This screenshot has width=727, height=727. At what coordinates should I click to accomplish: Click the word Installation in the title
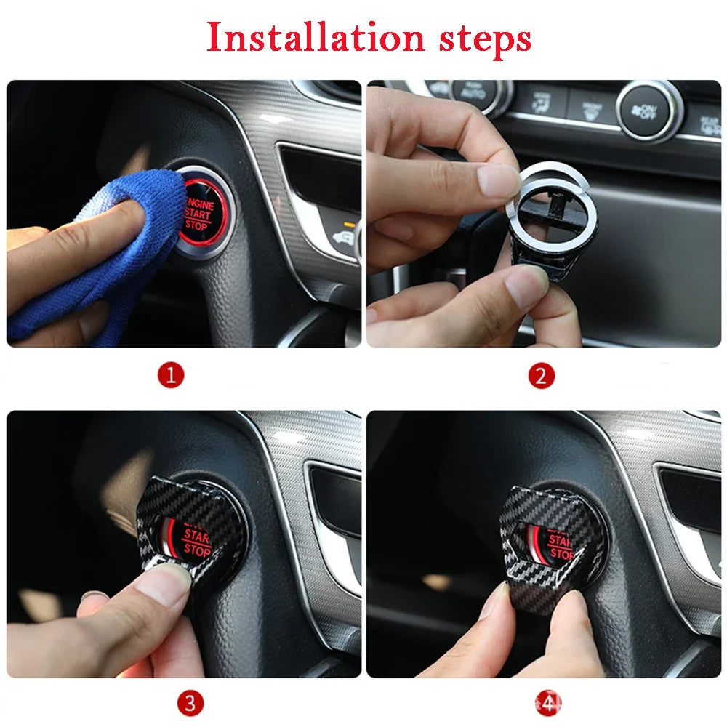315,37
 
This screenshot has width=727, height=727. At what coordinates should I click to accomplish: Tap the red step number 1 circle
172,376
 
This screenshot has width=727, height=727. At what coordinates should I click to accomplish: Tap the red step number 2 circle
542,376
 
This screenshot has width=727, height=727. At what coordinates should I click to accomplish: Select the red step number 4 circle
550,703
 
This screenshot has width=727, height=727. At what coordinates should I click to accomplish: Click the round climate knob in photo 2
649,111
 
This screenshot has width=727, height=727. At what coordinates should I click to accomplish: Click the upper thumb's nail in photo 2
499,178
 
